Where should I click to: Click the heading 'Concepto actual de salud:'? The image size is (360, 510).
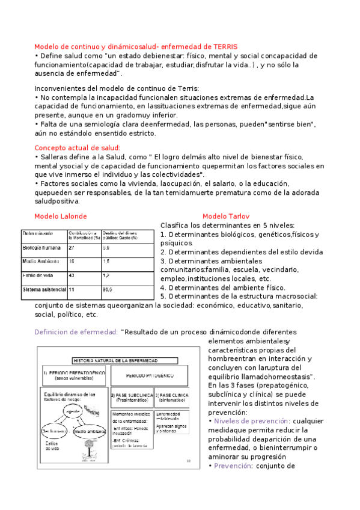point(78,147)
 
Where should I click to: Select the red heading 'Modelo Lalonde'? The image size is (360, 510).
point(61,216)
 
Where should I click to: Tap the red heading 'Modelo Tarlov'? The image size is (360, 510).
point(226,216)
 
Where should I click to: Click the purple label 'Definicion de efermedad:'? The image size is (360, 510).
point(76,332)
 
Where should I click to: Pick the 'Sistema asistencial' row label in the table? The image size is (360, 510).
point(43,289)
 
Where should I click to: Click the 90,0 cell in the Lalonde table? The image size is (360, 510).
point(108,289)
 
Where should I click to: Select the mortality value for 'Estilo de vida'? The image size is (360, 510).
point(72,275)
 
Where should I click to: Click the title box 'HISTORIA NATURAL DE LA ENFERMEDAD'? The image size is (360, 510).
point(115,360)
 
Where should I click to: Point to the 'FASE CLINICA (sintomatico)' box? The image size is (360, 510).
point(172,397)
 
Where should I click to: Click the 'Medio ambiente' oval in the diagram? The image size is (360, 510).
point(88,432)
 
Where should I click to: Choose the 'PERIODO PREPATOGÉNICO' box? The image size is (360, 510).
point(73,375)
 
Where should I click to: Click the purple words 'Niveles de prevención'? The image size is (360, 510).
point(249,421)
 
